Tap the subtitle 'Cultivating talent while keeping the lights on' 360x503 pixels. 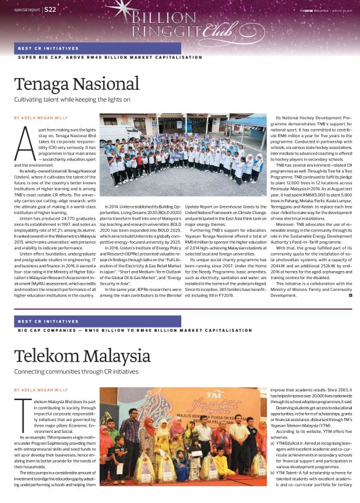[72, 99]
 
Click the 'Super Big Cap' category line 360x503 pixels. [109, 57]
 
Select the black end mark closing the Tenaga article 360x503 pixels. [351, 295]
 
